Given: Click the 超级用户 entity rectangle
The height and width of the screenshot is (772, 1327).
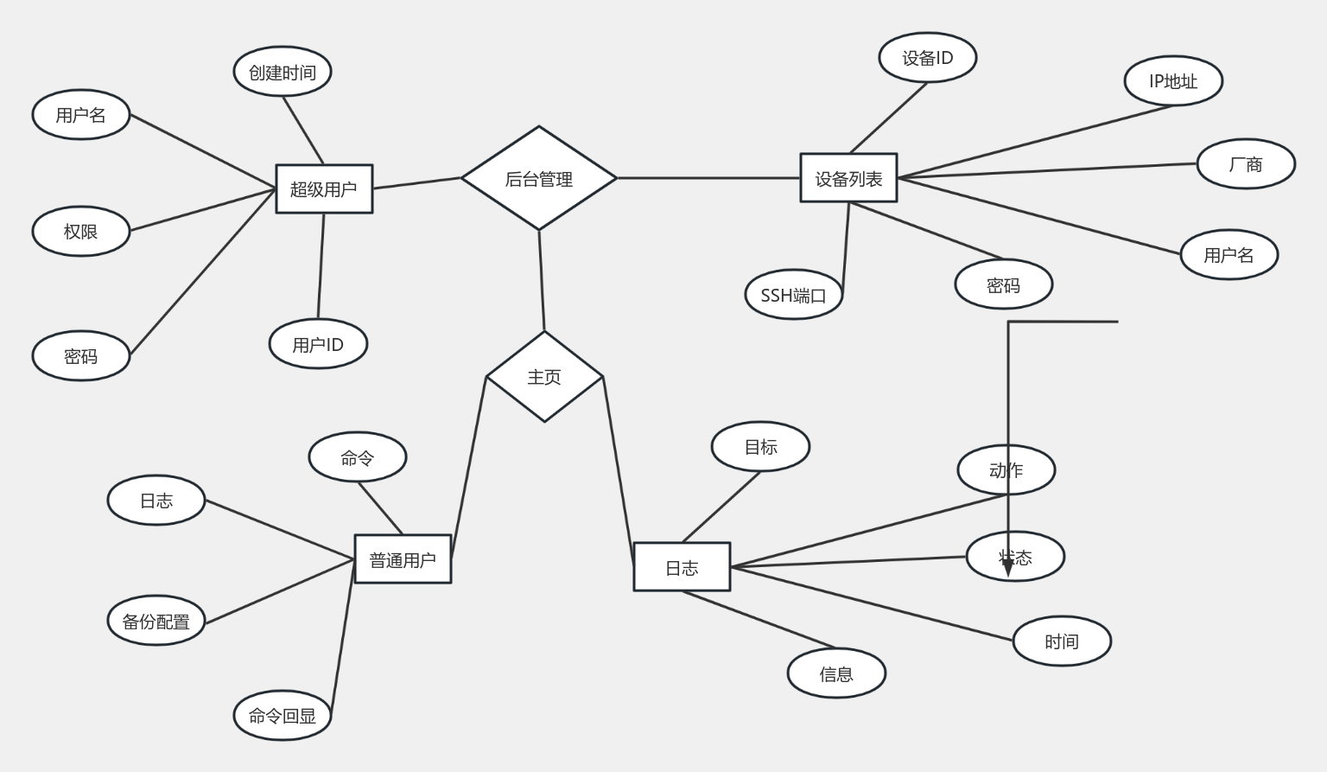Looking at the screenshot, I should tap(324, 188).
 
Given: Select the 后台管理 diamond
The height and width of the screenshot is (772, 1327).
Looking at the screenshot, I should tap(539, 179).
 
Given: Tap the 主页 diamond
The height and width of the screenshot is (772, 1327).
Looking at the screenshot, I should tap(544, 377).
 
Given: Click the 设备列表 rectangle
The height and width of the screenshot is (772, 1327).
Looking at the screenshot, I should tap(848, 178).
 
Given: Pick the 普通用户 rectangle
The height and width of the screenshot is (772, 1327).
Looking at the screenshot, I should tap(403, 559).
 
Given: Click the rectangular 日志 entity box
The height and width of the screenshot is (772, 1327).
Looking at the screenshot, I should tap(682, 567).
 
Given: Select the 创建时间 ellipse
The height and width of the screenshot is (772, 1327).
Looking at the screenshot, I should tap(283, 72).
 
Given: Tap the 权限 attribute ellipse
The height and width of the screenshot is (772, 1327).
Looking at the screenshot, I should tap(81, 231).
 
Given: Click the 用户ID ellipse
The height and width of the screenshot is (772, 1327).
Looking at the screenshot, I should tap(318, 344).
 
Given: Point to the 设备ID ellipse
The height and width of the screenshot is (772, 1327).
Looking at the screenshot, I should tap(928, 58).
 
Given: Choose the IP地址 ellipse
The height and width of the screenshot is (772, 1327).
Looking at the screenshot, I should tap(1173, 81).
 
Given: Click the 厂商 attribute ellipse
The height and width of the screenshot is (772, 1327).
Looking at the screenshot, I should tap(1246, 163).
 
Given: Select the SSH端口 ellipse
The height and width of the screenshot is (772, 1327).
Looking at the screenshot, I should tap(793, 295).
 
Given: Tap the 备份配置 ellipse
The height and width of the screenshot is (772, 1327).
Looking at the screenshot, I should tap(156, 621).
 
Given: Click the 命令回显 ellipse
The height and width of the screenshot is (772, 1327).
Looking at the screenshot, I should tap(283, 715).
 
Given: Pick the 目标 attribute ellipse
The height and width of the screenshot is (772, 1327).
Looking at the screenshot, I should tap(760, 446).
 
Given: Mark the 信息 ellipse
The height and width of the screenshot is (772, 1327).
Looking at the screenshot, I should tap(836, 673).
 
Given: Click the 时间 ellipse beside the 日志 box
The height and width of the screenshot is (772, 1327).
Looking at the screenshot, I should tap(1062, 641).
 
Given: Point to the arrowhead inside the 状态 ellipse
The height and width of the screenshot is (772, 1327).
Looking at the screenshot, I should tap(1007, 566).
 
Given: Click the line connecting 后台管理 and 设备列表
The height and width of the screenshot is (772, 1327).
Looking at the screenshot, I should tap(708, 178).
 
